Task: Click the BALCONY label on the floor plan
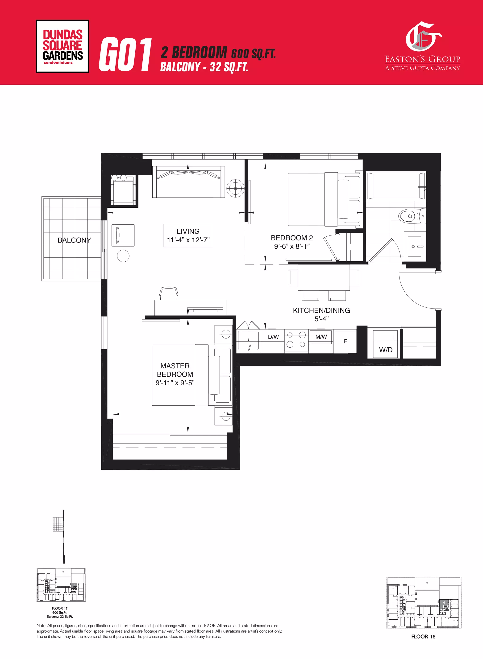click(x=74, y=240)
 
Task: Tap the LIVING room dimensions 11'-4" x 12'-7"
click(x=188, y=240)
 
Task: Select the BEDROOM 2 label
click(x=291, y=238)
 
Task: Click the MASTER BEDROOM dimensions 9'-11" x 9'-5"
click(x=175, y=383)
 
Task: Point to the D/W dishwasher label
click(x=273, y=337)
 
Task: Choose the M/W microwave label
click(x=321, y=337)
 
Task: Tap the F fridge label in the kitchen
click(x=345, y=341)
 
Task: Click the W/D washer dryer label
click(x=385, y=350)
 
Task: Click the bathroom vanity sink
click(x=414, y=246)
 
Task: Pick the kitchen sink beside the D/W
click(x=248, y=340)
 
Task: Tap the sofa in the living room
click(x=188, y=182)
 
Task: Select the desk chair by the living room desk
click(x=169, y=294)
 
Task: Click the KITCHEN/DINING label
click(x=321, y=310)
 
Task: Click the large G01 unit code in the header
click(x=125, y=55)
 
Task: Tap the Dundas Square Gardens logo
click(x=62, y=46)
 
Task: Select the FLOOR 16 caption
click(x=423, y=637)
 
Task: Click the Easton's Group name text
click(x=422, y=59)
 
